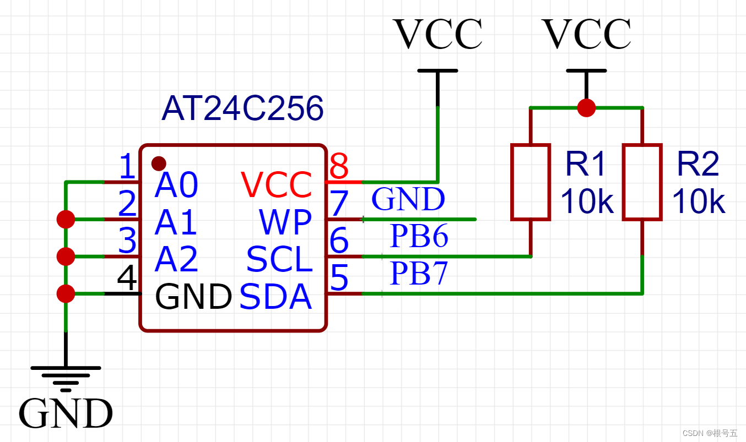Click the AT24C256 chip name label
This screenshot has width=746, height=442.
coord(242,108)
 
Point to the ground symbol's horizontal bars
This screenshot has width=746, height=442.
coord(66,379)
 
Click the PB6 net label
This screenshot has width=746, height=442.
coord(419,236)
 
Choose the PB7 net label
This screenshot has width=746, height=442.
coord(419,273)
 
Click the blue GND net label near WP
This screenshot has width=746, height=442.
coord(408,199)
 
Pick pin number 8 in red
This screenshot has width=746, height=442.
coord(339,166)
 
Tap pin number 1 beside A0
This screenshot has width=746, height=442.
coord(127,166)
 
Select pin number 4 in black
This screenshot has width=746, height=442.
coord(127,277)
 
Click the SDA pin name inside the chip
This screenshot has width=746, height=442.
coord(275,296)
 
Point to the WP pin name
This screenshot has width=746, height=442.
coord(285,222)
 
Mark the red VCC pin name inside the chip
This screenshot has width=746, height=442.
coord(276,184)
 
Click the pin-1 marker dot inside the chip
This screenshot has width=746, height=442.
coord(159,163)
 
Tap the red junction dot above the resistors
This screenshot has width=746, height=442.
coord(586,107)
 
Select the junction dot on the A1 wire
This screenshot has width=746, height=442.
coord(66,219)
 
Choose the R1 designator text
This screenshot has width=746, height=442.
coord(585,163)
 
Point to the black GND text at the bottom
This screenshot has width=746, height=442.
coord(66,413)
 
